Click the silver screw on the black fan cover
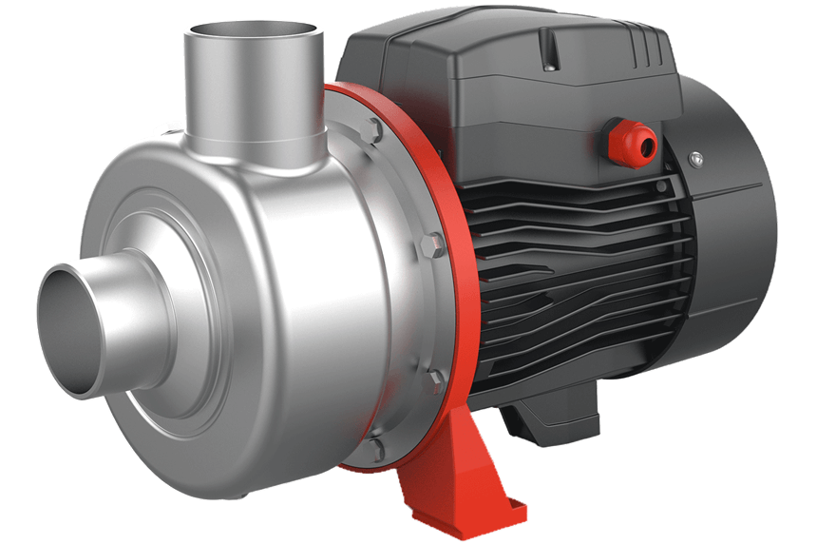pyautogui.click(x=695, y=157)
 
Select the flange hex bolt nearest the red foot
pyautogui.click(x=436, y=380)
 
